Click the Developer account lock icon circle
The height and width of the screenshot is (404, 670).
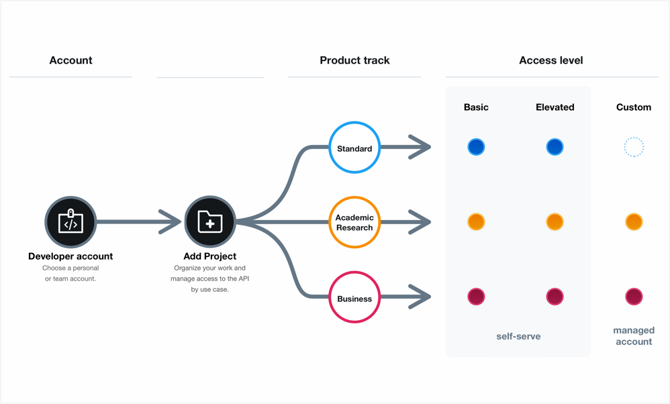[x=70, y=222]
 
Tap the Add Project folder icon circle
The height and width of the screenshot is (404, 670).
[x=210, y=222]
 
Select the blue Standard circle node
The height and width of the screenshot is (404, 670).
[x=354, y=148]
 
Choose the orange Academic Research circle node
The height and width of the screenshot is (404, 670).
[x=354, y=222]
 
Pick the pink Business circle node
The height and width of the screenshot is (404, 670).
[x=354, y=297]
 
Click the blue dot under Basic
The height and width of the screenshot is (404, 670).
[x=476, y=147]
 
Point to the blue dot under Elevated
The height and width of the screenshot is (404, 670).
[x=555, y=147]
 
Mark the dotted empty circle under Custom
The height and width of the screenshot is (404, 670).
[x=634, y=147]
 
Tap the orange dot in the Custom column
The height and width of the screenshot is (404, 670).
[x=634, y=221]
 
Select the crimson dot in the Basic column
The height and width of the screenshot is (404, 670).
[x=476, y=297]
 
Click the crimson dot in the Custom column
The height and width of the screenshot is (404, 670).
[x=634, y=297]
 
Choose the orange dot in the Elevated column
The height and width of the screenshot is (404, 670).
[x=555, y=221]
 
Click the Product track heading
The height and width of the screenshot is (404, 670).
[x=354, y=60]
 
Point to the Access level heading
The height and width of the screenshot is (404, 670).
[x=551, y=60]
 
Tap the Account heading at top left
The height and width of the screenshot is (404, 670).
[x=70, y=60]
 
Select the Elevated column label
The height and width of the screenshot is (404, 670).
[x=555, y=107]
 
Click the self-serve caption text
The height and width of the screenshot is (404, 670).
[x=518, y=336]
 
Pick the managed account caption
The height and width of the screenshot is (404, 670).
[x=634, y=336]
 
